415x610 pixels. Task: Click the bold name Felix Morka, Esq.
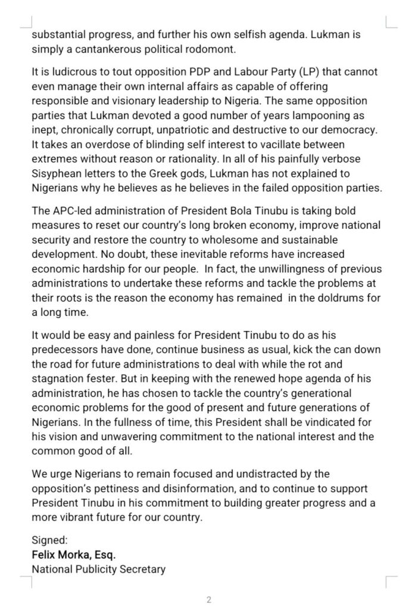point(73,555)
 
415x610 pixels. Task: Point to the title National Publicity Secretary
point(98,569)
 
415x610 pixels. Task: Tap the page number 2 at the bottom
point(208,599)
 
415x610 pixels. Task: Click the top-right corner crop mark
point(391,23)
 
